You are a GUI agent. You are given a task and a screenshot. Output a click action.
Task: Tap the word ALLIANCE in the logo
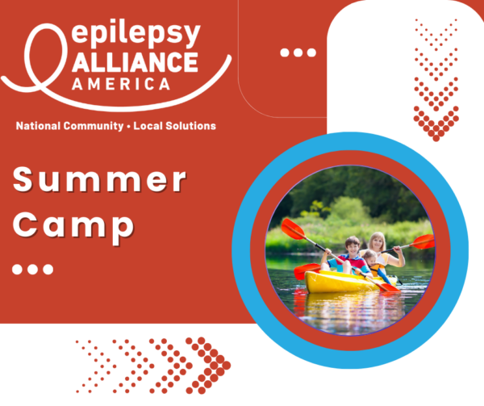coord(135,62)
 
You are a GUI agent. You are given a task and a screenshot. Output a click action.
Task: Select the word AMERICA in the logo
coord(121,84)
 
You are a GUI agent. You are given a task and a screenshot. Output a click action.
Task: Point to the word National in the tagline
coord(38,126)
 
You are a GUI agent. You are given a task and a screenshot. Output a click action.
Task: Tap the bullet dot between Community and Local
coord(129,126)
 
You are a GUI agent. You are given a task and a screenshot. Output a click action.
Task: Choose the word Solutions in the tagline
coord(190,126)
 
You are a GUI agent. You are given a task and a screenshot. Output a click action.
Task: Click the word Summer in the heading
coord(99,180)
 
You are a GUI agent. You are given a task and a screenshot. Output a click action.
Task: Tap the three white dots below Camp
coord(32,269)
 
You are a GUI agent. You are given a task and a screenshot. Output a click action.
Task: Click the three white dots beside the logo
coord(298,52)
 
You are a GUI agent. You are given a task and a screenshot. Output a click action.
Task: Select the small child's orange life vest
coord(376,269)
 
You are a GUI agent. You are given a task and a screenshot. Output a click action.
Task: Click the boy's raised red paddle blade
coord(293,228)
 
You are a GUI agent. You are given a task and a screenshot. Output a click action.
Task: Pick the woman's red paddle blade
coord(423,241)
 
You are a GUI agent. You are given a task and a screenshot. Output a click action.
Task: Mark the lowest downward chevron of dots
coord(436,123)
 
